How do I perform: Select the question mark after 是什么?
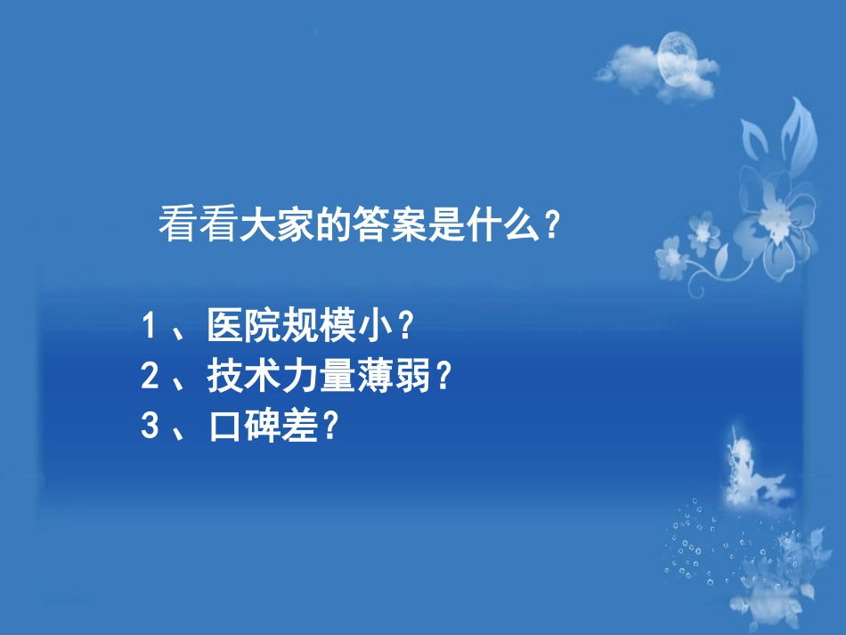point(552,226)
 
